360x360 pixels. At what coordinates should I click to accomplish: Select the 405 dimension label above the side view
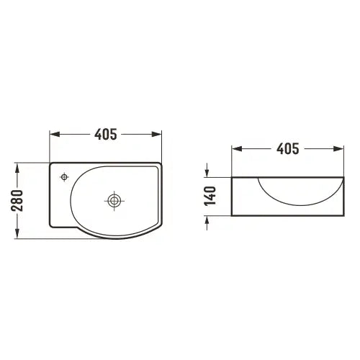tap(287, 149)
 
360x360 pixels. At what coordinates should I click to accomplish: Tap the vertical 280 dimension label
tap(18, 200)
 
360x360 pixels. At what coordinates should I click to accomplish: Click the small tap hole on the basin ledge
tap(65, 176)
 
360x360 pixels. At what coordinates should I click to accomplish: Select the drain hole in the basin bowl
tap(113, 199)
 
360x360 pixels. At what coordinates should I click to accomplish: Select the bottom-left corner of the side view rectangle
tap(232, 215)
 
